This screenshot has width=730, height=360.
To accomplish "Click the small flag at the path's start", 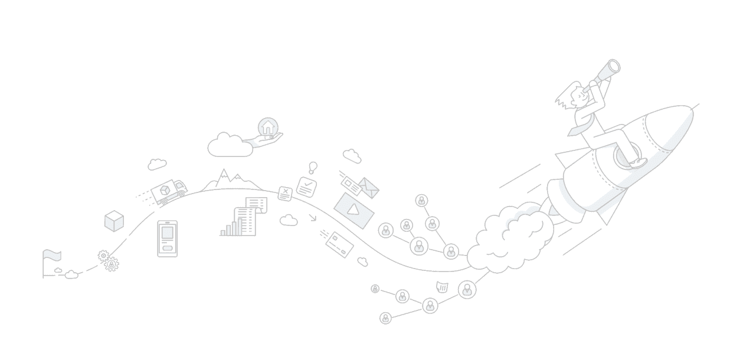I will (51, 256).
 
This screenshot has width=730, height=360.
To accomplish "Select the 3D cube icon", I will (114, 221).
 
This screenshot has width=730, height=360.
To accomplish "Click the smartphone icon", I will (167, 238).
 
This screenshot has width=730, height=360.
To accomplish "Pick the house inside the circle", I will (267, 126).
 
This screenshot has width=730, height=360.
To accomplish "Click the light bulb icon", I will (313, 167).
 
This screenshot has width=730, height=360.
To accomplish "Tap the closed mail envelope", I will (369, 188).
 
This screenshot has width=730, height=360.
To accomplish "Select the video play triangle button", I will (354, 208).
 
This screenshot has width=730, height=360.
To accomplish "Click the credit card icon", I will (339, 243).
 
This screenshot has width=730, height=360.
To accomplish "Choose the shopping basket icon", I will (441, 287).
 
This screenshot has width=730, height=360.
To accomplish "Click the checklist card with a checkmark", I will (306, 187).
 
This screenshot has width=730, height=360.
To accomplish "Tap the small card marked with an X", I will (285, 193).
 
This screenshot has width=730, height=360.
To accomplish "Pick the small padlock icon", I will (375, 289).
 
